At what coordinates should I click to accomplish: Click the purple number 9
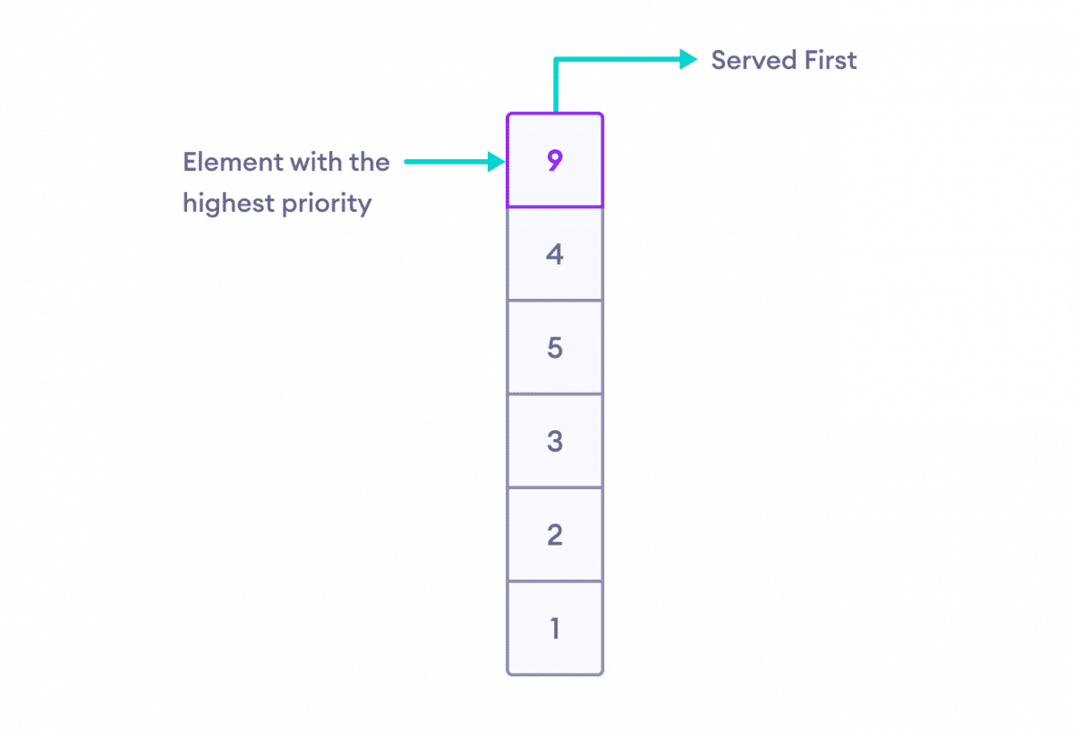click(555, 160)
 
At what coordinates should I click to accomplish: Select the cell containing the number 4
click(555, 254)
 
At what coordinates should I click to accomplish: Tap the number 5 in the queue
click(555, 347)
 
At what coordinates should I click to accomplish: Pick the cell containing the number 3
click(555, 441)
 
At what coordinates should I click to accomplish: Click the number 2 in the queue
click(555, 535)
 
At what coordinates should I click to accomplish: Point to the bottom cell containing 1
click(555, 628)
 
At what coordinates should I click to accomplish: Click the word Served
click(754, 61)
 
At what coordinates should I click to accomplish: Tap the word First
click(831, 61)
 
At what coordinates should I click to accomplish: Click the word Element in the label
click(233, 162)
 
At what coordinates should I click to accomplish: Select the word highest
click(228, 204)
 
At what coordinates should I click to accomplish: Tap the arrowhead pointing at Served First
click(688, 59)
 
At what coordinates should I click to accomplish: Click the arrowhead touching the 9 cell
click(497, 162)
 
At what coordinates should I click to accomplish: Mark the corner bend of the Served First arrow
click(556, 59)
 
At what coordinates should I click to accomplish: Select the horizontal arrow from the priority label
click(455, 162)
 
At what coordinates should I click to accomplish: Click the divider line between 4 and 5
click(555, 301)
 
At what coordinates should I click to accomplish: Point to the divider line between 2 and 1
click(555, 581)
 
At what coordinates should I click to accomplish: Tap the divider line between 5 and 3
click(555, 394)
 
